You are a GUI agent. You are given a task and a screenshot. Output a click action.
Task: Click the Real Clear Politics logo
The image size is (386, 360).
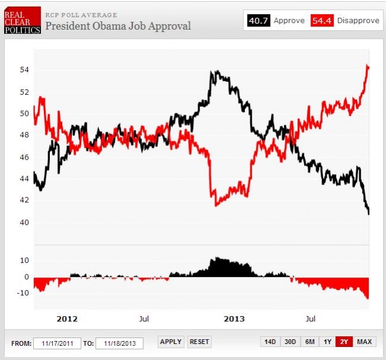coord(23,21)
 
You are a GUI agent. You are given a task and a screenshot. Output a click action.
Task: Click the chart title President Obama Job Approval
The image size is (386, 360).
coord(118,26)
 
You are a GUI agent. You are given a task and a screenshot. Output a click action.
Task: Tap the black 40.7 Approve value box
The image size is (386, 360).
coord(258,21)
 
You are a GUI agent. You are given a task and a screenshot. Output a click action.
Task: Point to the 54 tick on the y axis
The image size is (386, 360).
coord(24,70)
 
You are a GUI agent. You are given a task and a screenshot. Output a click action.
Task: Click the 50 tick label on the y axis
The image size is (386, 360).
coord(24,113)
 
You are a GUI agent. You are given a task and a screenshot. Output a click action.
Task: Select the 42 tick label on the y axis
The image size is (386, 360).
coord(24,200)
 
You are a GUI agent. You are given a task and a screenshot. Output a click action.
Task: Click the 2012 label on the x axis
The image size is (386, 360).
coord(67,318)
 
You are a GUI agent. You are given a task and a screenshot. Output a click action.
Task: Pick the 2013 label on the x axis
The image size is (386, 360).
coord(234,318)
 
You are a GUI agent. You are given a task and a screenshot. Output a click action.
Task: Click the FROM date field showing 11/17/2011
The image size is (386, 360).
coord(57,343)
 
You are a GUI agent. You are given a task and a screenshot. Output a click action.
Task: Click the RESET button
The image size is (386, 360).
coord(200,342)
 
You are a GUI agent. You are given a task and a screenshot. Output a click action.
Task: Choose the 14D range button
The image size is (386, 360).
coord(270,342)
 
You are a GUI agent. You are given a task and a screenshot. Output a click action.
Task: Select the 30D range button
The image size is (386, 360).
coord(290,342)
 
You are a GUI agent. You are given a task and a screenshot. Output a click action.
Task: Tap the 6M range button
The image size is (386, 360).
coord(309,342)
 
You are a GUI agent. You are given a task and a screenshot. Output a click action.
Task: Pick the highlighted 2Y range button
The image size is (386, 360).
coord(344,342)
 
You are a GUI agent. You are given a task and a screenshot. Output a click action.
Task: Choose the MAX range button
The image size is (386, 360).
coord(364,342)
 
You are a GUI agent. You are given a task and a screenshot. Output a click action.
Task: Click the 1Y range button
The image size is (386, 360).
coord(327,342)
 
